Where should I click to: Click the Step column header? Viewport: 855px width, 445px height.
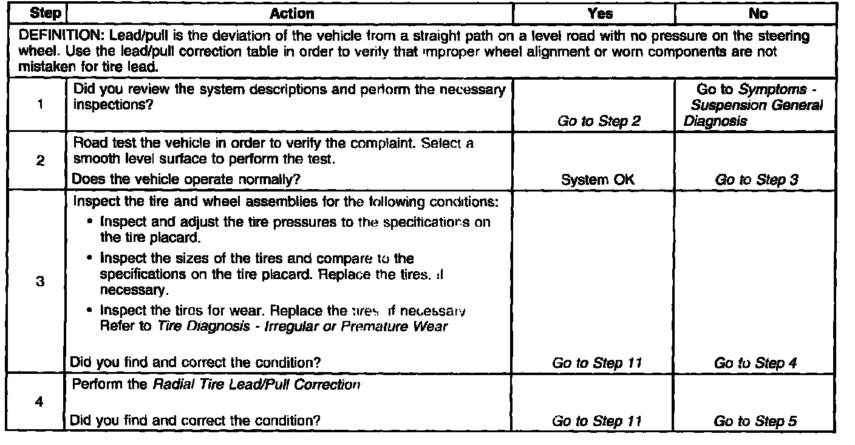(35, 13)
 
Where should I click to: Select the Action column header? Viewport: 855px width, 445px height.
(291, 13)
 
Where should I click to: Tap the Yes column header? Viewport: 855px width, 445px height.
(600, 13)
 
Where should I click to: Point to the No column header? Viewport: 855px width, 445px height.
(759, 13)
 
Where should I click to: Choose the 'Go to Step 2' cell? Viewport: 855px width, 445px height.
(599, 122)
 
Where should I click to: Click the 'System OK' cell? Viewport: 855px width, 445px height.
(599, 180)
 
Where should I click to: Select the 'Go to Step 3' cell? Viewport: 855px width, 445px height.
(756, 180)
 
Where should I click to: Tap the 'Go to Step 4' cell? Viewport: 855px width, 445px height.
(756, 364)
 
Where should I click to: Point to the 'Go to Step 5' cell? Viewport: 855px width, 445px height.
(756, 421)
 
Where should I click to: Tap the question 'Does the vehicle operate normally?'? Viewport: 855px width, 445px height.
(186, 179)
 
